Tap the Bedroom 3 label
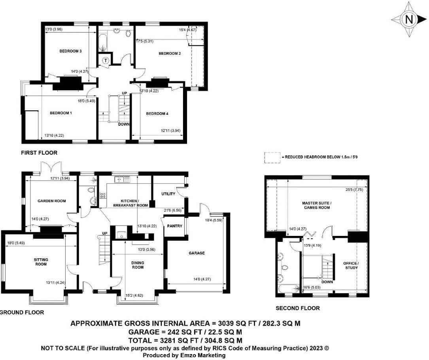coord(70,51)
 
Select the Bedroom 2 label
coord(170,53)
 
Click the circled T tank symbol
coord(106,60)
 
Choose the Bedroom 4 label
coord(157,113)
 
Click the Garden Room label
coord(51,201)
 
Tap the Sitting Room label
coord(41,262)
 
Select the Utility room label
coord(168,194)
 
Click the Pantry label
coord(174,226)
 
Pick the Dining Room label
coord(137,265)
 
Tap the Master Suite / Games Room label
coord(316,205)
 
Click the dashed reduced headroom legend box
coord(272,157)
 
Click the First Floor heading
coord(40,153)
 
